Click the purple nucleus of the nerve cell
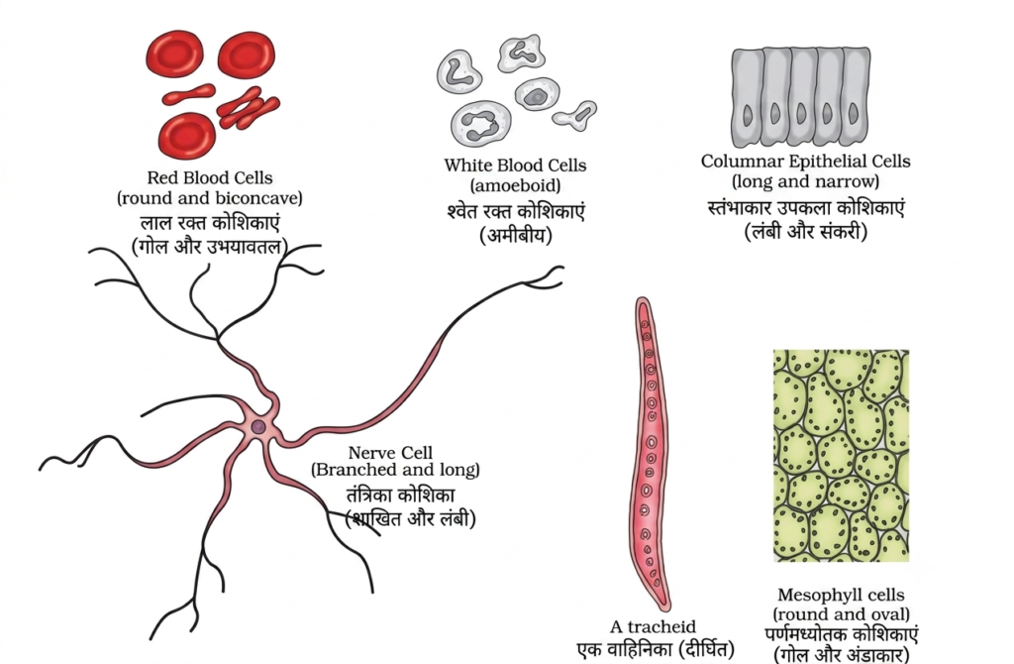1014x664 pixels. pyautogui.click(x=258, y=427)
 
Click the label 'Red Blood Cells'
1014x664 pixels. pyautogui.click(x=210, y=177)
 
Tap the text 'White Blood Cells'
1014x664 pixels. pyautogui.click(x=515, y=166)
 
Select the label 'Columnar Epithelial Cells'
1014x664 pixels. pyautogui.click(x=805, y=162)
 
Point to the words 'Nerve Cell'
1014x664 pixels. pyautogui.click(x=390, y=452)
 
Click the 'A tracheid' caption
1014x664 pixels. pyautogui.click(x=654, y=626)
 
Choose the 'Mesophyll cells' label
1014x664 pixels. pyautogui.click(x=841, y=595)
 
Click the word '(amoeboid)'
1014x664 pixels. pyautogui.click(x=515, y=185)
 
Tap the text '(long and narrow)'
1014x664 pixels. pyautogui.click(x=805, y=181)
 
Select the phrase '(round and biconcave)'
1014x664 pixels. pyautogui.click(x=210, y=197)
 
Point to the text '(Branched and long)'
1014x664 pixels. pyautogui.click(x=395, y=469)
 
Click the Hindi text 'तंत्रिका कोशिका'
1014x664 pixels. pyautogui.click(x=400, y=496)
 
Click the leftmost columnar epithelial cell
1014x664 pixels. pyautogui.click(x=748, y=98)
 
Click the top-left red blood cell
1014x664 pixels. pyautogui.click(x=174, y=54)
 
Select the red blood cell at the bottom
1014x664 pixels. pyautogui.click(x=187, y=136)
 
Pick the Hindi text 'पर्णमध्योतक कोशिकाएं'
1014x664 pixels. pyautogui.click(x=841, y=634)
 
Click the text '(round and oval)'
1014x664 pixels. pyautogui.click(x=841, y=613)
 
